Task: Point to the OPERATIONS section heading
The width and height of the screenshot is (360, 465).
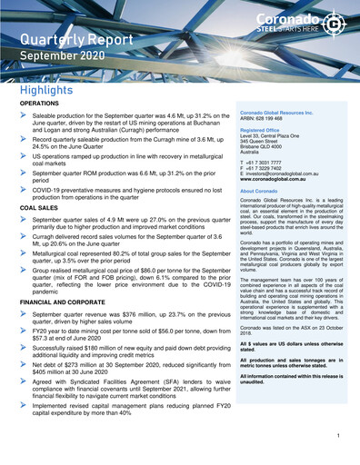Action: [x=39, y=105]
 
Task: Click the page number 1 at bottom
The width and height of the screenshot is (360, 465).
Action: [x=337, y=437]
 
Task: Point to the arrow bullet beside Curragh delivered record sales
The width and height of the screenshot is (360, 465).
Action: [x=24, y=236]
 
